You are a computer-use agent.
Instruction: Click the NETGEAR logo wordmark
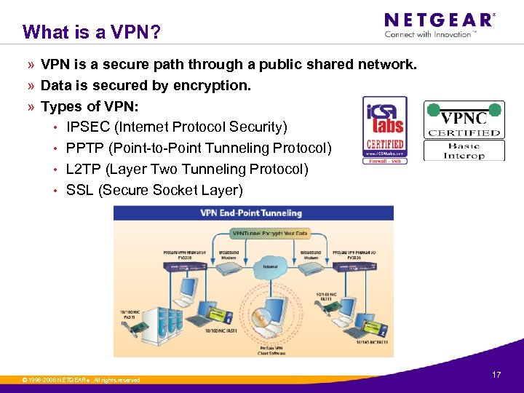coord(438,20)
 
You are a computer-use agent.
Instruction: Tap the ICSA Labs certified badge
coord(385,130)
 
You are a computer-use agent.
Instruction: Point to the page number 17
coord(496,375)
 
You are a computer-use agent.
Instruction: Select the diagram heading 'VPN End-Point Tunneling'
coord(251,213)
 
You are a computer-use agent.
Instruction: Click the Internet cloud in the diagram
coord(270,270)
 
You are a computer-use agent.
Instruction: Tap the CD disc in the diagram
coord(260,318)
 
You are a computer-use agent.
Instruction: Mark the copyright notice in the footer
coord(81,380)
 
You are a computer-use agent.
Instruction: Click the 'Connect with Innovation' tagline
coord(430,34)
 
